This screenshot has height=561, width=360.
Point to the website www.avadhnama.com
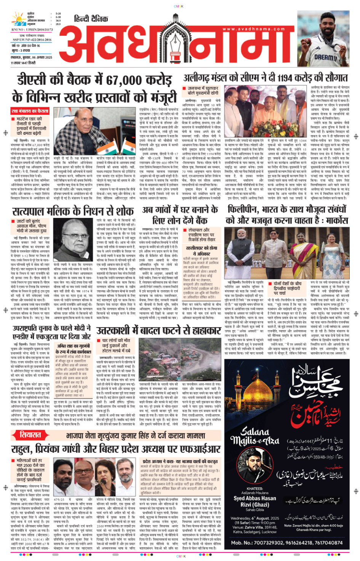click(x=253, y=29)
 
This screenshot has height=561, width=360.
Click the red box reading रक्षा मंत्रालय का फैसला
click(x=30, y=111)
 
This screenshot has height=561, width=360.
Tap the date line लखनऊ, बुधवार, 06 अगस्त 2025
click(x=31, y=58)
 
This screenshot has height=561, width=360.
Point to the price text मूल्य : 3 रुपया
click(x=21, y=51)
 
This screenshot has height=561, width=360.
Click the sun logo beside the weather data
click(x=18, y=19)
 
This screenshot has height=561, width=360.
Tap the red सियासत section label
click(x=30, y=435)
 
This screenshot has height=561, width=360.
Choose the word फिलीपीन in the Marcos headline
click(x=244, y=209)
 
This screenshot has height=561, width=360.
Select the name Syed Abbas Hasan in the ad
click(x=254, y=498)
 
